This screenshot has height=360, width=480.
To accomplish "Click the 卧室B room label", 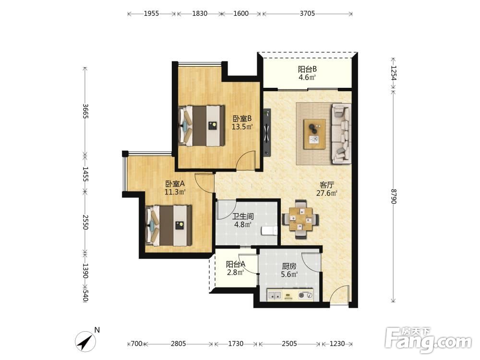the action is pyautogui.click(x=242, y=118).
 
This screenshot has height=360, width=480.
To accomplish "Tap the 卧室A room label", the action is pyautogui.click(x=175, y=184).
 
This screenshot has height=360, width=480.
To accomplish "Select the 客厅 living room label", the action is pyautogui.click(x=326, y=185).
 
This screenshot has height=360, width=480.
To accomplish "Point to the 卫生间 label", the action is pyautogui.click(x=243, y=216).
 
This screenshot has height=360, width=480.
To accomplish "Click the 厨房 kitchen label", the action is pyautogui.click(x=289, y=266).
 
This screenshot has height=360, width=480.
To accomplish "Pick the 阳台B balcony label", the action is pyautogui.click(x=307, y=70).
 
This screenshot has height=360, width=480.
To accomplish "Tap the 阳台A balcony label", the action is pyautogui.click(x=236, y=264).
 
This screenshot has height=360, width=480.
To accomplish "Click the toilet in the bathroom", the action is pyautogui.click(x=269, y=231).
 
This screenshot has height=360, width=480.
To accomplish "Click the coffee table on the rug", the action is pyautogui.click(x=314, y=134).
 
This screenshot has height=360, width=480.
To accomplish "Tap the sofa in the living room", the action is pyautogui.click(x=341, y=133).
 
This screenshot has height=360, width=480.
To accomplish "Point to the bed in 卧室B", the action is pyautogui.click(x=202, y=126).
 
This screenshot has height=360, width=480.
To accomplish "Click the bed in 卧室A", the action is pyautogui.click(x=168, y=226).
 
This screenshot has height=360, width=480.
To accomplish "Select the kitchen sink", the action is pyautogui.click(x=275, y=295).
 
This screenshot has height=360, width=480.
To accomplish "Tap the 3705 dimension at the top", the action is pyautogui.click(x=307, y=13).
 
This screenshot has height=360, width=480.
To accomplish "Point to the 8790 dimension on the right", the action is pyautogui.click(x=394, y=196).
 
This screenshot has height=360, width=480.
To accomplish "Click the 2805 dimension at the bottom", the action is pyautogui.click(x=178, y=344).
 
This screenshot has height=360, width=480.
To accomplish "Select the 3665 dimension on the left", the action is pyautogui.click(x=85, y=111).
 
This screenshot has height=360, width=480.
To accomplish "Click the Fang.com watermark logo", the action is pyautogui.click(x=428, y=340).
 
